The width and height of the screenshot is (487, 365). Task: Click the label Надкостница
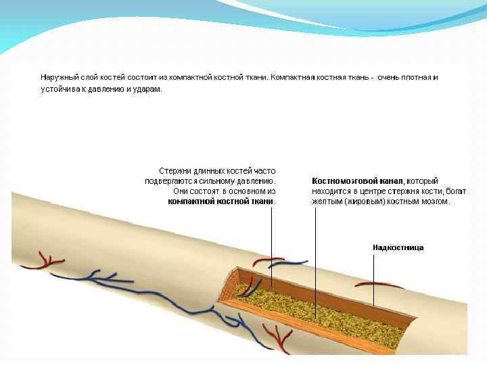(398, 248)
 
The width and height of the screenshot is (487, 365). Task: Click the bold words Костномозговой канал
(357, 181)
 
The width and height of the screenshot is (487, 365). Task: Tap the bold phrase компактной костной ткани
(221, 201)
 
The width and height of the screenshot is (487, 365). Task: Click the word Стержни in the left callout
(173, 171)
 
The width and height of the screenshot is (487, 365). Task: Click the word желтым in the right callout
(327, 201)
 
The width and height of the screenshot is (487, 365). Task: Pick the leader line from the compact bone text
(272, 250)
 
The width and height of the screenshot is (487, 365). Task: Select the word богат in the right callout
(457, 191)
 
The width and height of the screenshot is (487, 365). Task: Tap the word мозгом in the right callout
(436, 201)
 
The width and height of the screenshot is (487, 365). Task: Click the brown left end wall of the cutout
(229, 287)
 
